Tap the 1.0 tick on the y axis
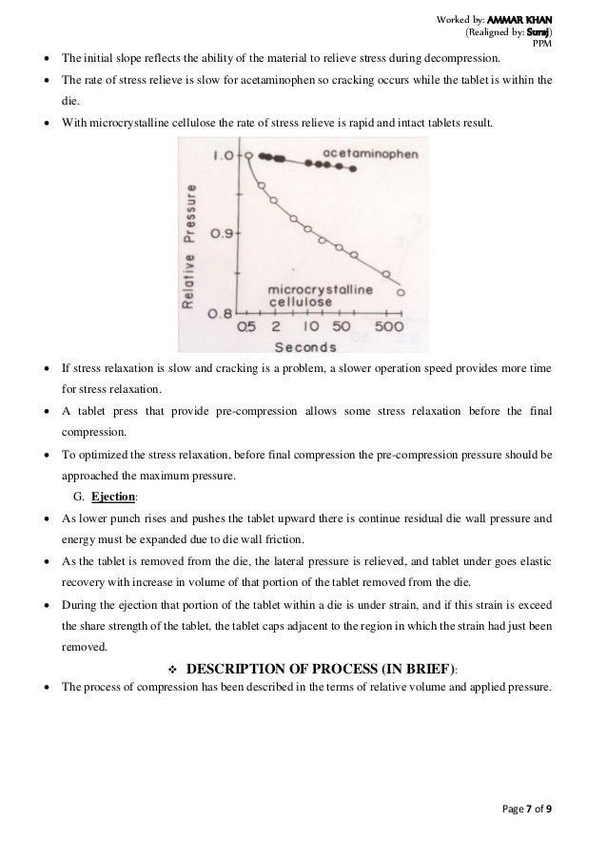[224, 155]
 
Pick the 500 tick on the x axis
[387, 325]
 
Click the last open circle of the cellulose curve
[400, 292]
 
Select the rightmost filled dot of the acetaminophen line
[353, 169]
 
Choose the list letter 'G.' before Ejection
[78, 497]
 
